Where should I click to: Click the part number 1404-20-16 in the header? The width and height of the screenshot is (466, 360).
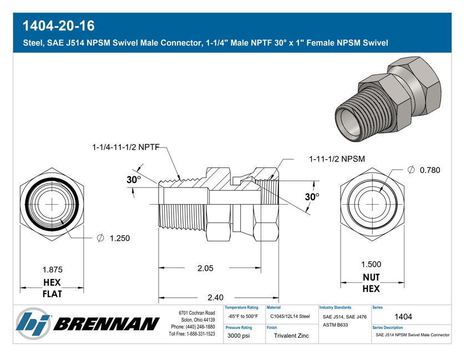pyautogui.click(x=59, y=26)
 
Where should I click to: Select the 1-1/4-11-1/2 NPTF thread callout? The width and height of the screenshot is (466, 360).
pyautogui.click(x=126, y=147)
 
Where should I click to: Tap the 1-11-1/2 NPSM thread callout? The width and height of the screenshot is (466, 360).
pyautogui.click(x=337, y=159)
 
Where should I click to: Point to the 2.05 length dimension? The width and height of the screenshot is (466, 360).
pyautogui.click(x=205, y=268)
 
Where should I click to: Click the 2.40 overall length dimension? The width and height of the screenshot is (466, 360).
pyautogui.click(x=215, y=297)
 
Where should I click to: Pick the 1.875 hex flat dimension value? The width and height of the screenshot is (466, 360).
pyautogui.click(x=53, y=270)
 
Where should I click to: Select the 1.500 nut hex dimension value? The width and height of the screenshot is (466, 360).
pyautogui.click(x=371, y=264)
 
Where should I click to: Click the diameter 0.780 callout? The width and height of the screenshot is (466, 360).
pyautogui.click(x=424, y=170)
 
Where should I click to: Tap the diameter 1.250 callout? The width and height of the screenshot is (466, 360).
pyautogui.click(x=114, y=238)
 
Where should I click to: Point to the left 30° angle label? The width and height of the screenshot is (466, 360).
pyautogui.click(x=134, y=180)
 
